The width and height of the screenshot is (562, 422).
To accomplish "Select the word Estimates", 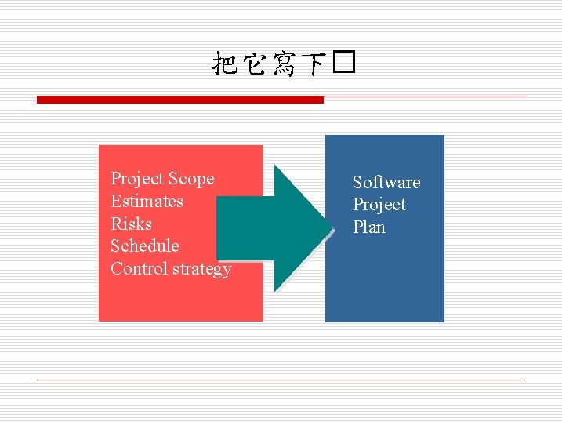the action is click(147, 202).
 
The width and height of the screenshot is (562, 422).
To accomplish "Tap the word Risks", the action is click(131, 224).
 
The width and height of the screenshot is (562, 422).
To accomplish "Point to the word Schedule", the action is click(144, 246).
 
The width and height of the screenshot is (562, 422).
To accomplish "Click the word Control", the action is click(138, 268).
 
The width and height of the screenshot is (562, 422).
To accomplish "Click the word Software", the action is click(386, 183).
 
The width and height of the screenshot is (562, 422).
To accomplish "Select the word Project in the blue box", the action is click(379, 205).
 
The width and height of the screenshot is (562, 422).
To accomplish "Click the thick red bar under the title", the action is click(179, 100).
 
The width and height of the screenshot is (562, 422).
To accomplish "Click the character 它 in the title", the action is click(257, 64).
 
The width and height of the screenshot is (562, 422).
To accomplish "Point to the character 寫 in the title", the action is click(286, 64).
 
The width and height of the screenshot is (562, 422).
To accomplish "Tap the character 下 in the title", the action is click(315, 64).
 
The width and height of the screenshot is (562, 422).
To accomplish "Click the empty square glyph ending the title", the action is click(344, 64).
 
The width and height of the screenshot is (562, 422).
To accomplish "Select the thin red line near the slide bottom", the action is click(281, 380).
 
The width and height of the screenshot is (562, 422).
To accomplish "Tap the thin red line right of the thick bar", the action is click(424, 96).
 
